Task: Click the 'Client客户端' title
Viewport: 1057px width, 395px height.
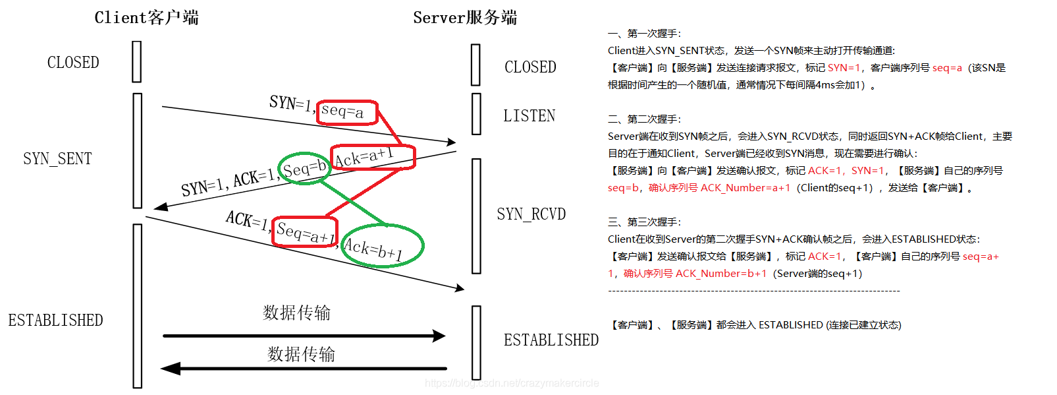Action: point(146,18)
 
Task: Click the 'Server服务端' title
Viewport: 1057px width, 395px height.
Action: point(465,18)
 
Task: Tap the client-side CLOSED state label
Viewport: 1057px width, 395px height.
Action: point(73,63)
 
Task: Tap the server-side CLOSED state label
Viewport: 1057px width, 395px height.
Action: point(530,67)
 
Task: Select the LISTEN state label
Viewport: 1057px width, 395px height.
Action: point(529,116)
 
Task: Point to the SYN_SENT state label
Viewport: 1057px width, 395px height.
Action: point(57,159)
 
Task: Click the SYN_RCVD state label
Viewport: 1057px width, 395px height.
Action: point(531,214)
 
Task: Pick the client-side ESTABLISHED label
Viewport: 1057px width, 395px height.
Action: point(55,320)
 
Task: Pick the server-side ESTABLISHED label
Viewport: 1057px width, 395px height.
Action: point(551,340)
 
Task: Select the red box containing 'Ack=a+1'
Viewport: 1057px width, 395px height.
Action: point(373,157)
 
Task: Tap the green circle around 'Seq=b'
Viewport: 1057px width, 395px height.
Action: point(304,169)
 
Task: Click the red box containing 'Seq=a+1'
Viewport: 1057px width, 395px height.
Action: point(305,231)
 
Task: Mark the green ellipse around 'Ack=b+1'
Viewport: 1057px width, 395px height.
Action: point(383,246)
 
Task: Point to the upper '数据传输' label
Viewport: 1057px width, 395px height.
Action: point(297,313)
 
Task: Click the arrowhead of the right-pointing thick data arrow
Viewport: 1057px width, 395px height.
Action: point(439,336)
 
